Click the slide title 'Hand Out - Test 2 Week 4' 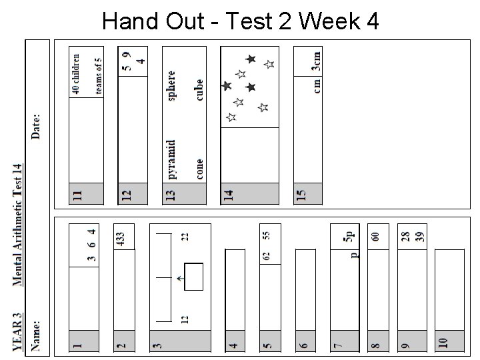tap(241, 21)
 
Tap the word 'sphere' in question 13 tap(172, 86)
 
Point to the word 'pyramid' tap(172, 160)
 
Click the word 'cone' tap(200, 169)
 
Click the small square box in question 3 tap(193, 277)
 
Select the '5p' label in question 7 tap(348, 235)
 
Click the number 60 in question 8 tap(376, 236)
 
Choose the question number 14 tap(229, 195)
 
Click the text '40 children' tap(76, 73)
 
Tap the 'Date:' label tap(36, 125)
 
